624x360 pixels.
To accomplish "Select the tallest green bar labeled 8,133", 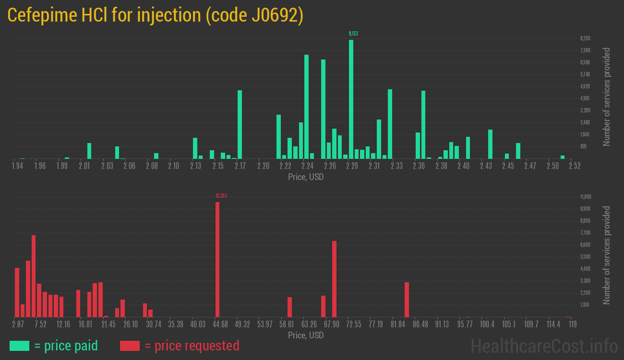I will (351, 99).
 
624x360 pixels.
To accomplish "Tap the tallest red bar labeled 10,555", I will (217, 259).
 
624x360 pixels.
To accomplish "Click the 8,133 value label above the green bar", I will (353, 34).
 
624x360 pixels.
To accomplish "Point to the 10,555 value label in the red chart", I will (221, 196).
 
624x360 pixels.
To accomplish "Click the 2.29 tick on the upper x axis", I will (352, 166).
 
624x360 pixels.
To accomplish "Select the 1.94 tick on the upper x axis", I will (18, 166).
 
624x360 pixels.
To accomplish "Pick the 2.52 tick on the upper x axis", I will (574, 166).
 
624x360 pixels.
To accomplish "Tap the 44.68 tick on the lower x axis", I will (220, 324).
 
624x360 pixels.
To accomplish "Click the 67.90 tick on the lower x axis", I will (331, 324).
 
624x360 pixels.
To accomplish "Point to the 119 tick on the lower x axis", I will (572, 324).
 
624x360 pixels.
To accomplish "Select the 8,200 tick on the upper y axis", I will (585, 38).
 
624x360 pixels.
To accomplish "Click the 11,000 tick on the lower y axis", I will (586, 197).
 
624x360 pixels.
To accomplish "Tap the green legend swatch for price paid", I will (20, 346).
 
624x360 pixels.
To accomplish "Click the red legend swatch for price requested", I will (130, 346).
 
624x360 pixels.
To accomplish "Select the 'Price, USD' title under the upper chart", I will (306, 177).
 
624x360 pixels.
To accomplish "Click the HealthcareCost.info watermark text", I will (544, 346).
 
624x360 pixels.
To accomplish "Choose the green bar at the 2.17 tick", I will (240, 124).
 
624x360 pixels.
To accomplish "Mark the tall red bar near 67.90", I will (334, 279).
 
